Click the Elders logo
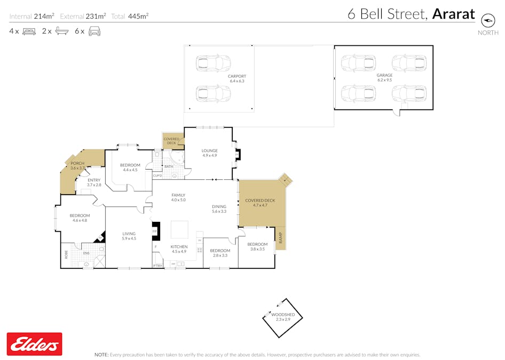point(34,344)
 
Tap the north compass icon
point(488,20)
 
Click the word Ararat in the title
point(453,14)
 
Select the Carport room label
point(236,76)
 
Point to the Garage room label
point(384,75)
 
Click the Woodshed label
point(283,315)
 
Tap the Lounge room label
point(209,150)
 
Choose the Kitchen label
point(179,246)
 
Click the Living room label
point(129,234)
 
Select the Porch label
point(77,163)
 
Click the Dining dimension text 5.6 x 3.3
point(219,212)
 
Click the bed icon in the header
point(29,31)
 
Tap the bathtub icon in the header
point(61,31)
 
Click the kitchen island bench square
point(179,230)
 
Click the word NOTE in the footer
point(101,355)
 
